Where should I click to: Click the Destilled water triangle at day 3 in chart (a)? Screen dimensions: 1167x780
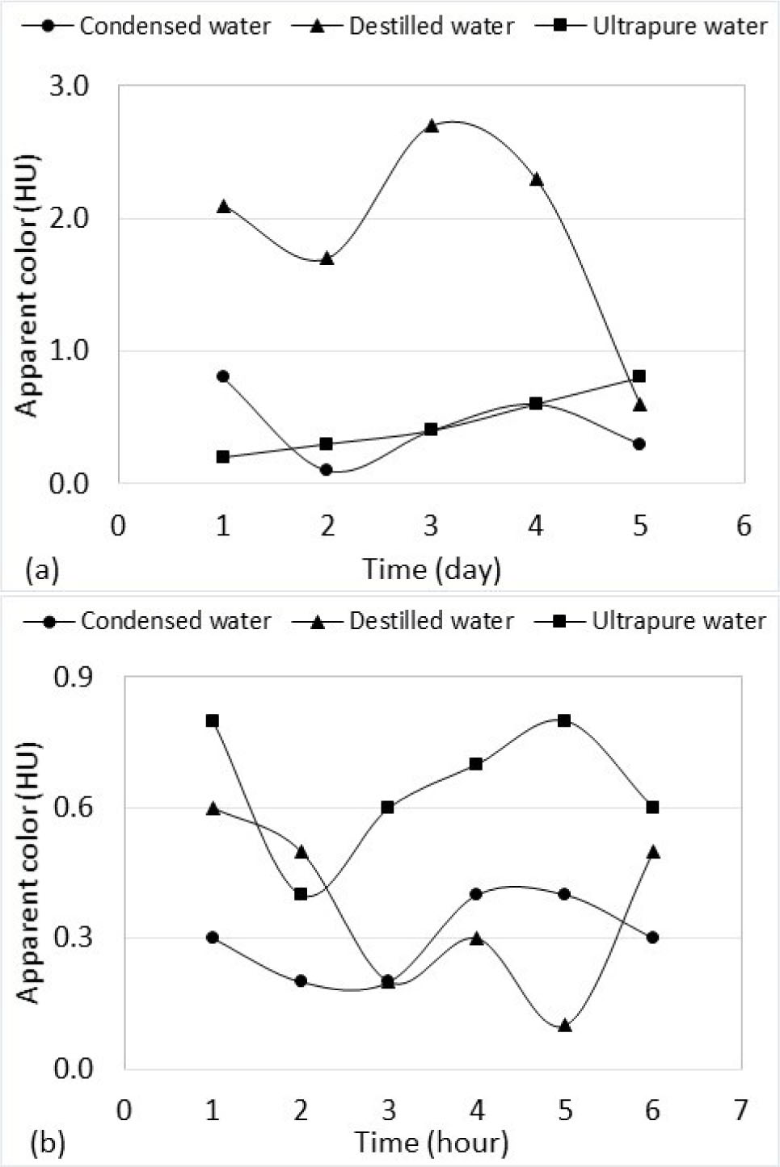click(432, 126)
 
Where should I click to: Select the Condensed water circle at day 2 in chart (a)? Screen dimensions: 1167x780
click(327, 469)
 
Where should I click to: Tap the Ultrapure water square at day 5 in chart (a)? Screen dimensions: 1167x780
click(639, 376)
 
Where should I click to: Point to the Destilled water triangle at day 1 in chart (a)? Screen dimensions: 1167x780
click(223, 207)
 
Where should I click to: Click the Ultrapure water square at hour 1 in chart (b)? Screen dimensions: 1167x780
click(213, 720)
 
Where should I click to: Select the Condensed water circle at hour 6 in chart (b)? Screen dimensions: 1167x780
click(652, 938)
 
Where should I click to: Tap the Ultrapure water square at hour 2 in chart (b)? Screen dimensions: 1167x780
click(301, 894)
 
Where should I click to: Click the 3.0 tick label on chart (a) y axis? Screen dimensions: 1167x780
click(70, 86)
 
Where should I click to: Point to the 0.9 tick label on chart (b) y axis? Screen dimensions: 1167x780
click(73, 677)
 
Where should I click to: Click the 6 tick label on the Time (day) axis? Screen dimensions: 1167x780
click(744, 526)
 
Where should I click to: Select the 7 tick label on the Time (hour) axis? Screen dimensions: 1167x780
click(740, 1110)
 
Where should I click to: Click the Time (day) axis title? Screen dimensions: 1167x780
click(432, 569)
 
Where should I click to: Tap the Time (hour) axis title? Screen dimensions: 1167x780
click(432, 1143)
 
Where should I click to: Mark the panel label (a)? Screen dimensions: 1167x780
click(42, 570)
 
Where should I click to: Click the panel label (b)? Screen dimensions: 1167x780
click(47, 1144)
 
